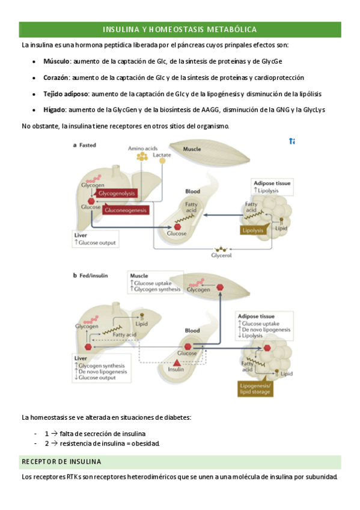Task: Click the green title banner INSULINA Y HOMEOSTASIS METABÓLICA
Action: coord(180,29)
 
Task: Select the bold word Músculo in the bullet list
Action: coord(56,61)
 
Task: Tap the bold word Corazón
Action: coord(56,78)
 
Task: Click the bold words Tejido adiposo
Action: coord(66,94)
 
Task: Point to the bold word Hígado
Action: coord(54,110)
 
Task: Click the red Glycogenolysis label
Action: coord(117,193)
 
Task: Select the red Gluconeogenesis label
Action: coord(126,210)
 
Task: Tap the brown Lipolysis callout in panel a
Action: coord(253,230)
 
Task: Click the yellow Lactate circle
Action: coord(162,161)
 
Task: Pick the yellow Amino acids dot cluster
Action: coord(142,157)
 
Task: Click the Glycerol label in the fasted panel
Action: coord(222,256)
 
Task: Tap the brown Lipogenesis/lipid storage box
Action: coord(255,389)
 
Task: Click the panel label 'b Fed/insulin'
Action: coord(90,275)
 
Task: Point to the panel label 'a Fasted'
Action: coord(85,145)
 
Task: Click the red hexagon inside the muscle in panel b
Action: coord(220,287)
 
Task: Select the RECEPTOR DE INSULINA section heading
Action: coord(61,461)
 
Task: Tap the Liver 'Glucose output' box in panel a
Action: coord(96,239)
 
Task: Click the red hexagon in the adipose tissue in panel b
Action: coord(267,348)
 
